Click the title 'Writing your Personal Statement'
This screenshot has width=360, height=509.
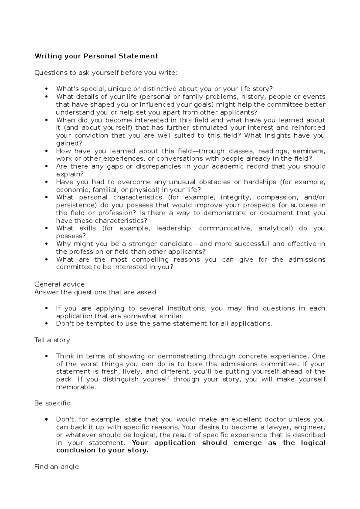[x=96, y=56]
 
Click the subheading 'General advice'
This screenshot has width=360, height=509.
[x=59, y=284]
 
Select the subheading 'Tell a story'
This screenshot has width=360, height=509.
[x=52, y=340]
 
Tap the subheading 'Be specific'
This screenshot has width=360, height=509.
[x=52, y=403]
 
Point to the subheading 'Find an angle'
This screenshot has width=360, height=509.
[x=56, y=467]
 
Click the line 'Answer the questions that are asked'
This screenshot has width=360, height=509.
[x=95, y=292]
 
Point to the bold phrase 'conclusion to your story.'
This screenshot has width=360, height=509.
[x=102, y=450]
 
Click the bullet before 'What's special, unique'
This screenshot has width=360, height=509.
[x=46, y=89]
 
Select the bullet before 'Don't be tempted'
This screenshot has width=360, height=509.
[x=46, y=324]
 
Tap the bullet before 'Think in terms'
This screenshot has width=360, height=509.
[x=46, y=356]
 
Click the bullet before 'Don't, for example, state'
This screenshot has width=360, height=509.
[x=46, y=419]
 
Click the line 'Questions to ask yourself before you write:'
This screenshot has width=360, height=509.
[x=106, y=73]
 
